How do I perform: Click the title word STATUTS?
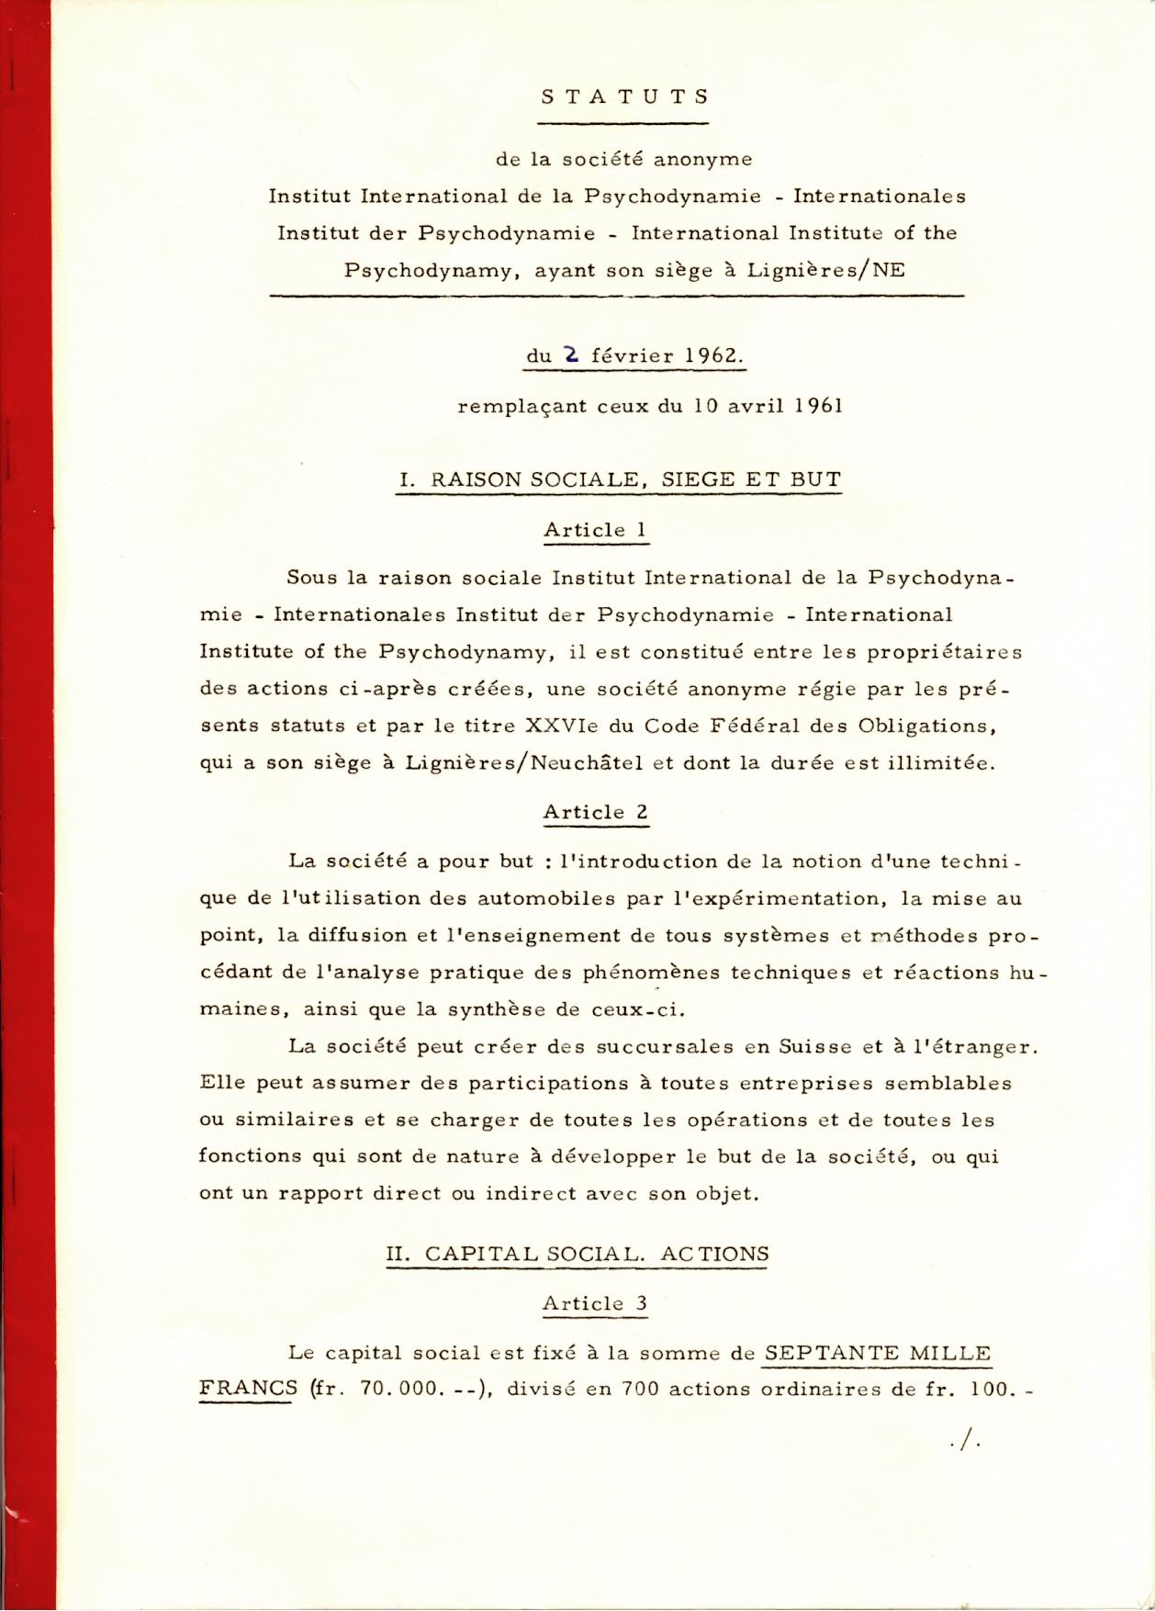pos(624,96)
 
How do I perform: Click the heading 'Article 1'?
pos(597,530)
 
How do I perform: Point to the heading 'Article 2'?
pos(596,812)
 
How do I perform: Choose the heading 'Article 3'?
pos(595,1303)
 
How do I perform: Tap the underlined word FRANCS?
pos(248,1389)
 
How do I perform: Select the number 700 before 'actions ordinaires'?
pos(641,1389)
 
